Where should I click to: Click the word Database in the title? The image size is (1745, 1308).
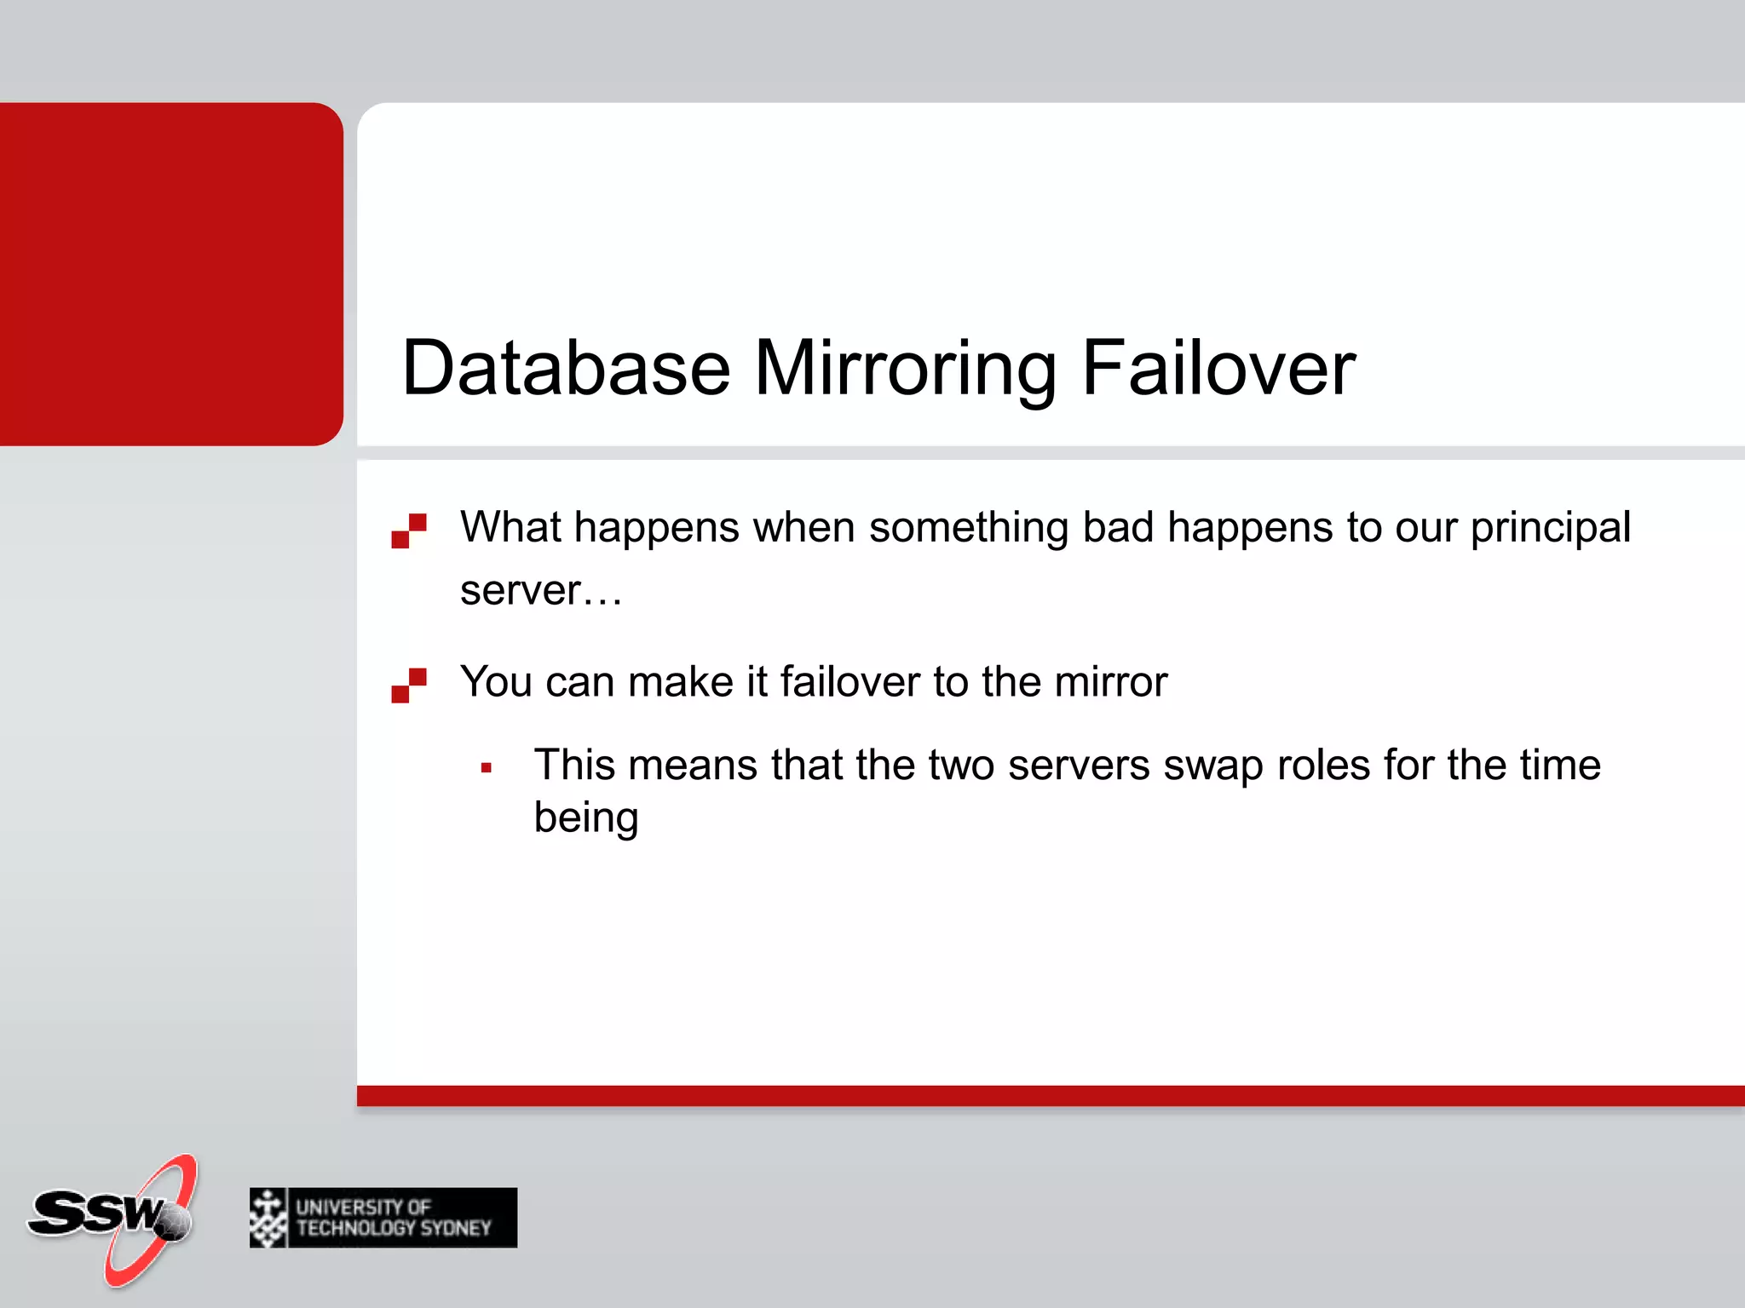[566, 368]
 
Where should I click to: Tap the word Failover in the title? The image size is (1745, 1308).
[1218, 368]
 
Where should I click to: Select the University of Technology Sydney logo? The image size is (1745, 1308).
[383, 1218]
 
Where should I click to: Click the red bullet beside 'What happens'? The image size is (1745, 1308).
[409, 531]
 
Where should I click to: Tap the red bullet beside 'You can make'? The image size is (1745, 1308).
[409, 686]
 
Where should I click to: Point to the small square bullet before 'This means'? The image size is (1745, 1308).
[487, 768]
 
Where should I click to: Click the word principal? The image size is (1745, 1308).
[1551, 528]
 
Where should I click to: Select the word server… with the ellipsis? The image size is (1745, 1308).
[541, 590]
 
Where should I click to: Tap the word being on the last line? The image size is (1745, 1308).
[586, 818]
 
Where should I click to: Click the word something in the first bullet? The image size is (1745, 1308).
[968, 528]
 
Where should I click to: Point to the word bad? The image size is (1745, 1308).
[1117, 527]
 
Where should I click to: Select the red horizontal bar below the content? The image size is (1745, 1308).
[1051, 1096]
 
